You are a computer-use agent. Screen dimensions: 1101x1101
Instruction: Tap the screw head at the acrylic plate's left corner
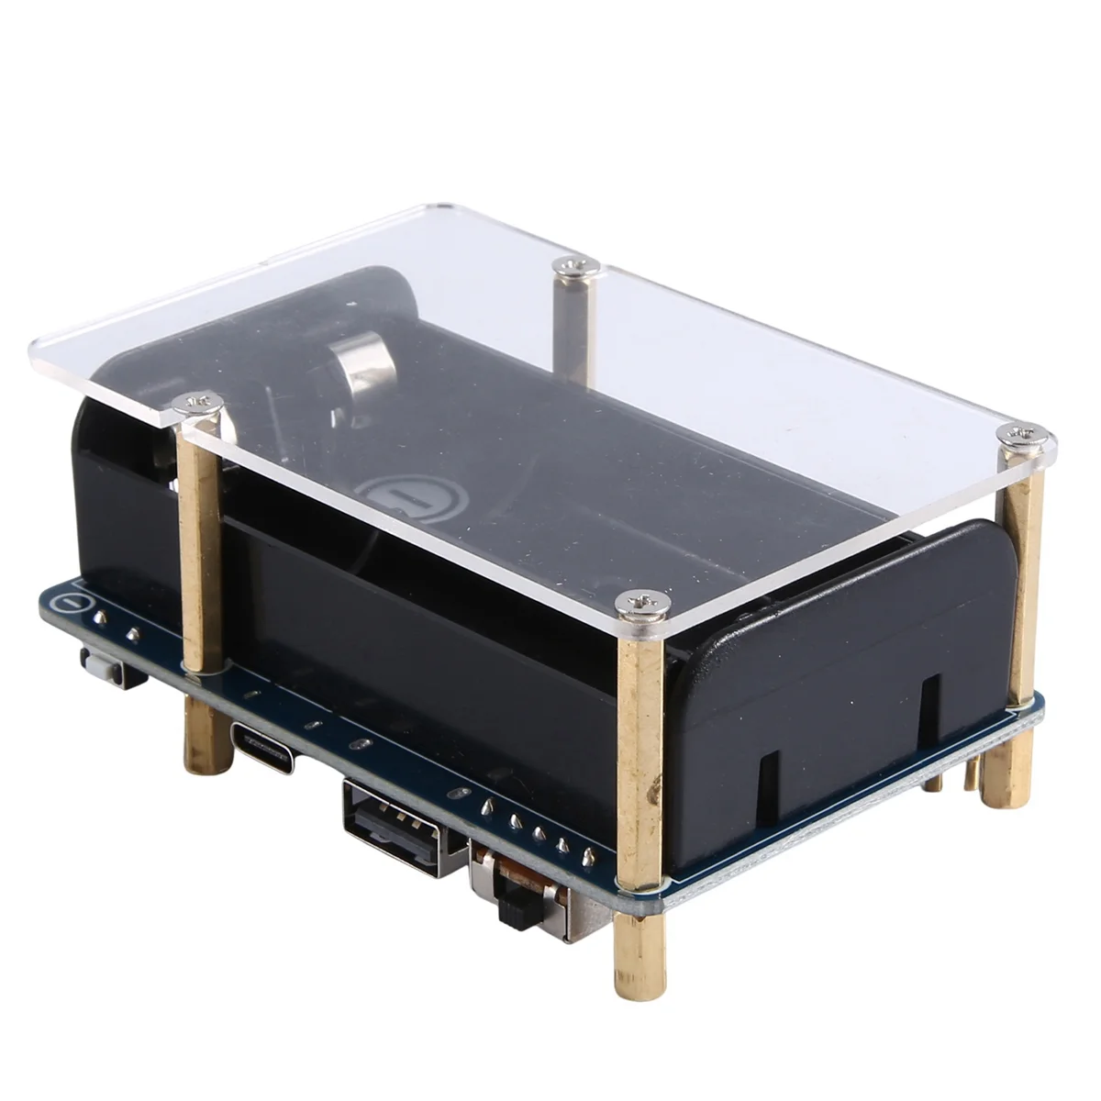pyautogui.click(x=197, y=401)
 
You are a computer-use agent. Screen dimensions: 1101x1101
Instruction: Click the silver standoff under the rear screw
pyautogui.click(x=573, y=326)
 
